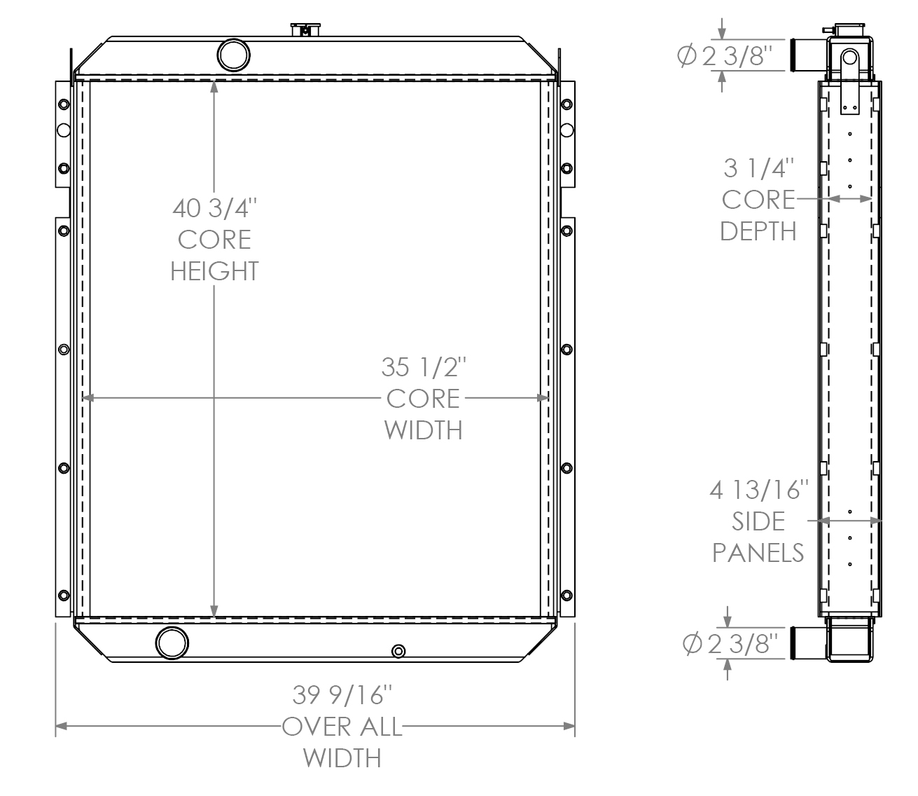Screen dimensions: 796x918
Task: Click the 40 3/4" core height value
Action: coord(215,208)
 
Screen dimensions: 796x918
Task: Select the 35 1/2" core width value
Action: coord(423,366)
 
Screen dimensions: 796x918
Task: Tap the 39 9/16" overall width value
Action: coord(342,695)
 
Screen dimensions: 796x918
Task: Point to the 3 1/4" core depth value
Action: coord(759,168)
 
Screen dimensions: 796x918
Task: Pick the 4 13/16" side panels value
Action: coord(759,490)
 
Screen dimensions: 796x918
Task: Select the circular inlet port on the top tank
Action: coord(232,53)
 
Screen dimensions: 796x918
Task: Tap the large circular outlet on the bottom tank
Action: coord(172,643)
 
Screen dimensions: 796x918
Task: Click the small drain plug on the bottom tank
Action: coord(398,651)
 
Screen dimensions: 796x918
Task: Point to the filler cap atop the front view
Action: coord(305,29)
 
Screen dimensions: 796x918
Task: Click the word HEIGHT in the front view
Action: coord(215,271)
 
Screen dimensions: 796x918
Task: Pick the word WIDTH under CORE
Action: coord(423,430)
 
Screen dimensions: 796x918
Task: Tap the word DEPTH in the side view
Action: coord(759,231)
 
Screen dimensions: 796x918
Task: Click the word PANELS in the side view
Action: coord(759,553)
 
